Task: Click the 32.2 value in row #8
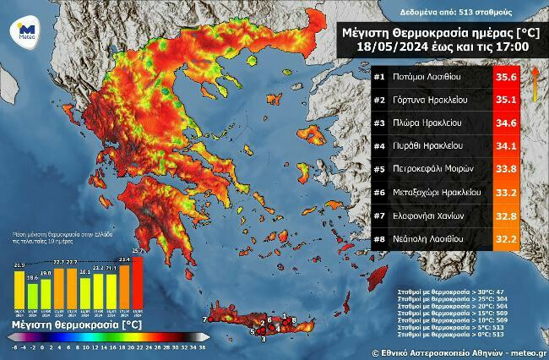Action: click(x=505, y=239)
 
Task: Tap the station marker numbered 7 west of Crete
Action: click(x=205, y=319)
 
